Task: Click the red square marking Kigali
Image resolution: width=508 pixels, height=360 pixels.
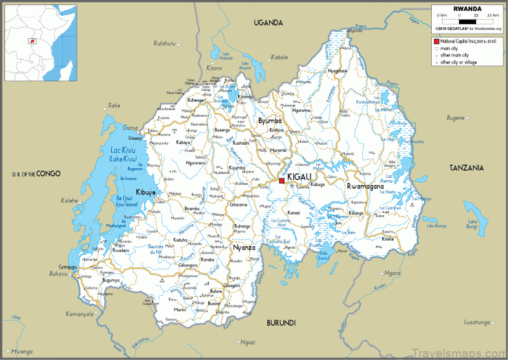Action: tap(281, 181)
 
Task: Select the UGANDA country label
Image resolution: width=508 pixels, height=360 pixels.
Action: tap(268, 23)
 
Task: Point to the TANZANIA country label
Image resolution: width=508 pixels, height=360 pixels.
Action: tap(467, 168)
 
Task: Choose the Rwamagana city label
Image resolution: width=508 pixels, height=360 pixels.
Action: tap(366, 186)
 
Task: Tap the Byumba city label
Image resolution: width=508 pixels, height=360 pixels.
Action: tap(269, 121)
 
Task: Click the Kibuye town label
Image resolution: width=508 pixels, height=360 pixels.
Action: tap(145, 191)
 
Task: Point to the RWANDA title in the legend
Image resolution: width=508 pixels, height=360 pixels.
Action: tap(467, 9)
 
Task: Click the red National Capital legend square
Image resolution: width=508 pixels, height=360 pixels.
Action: tap(436, 41)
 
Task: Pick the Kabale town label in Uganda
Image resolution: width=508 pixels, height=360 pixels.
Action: tap(279, 57)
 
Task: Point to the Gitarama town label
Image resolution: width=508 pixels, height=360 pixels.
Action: tap(238, 205)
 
